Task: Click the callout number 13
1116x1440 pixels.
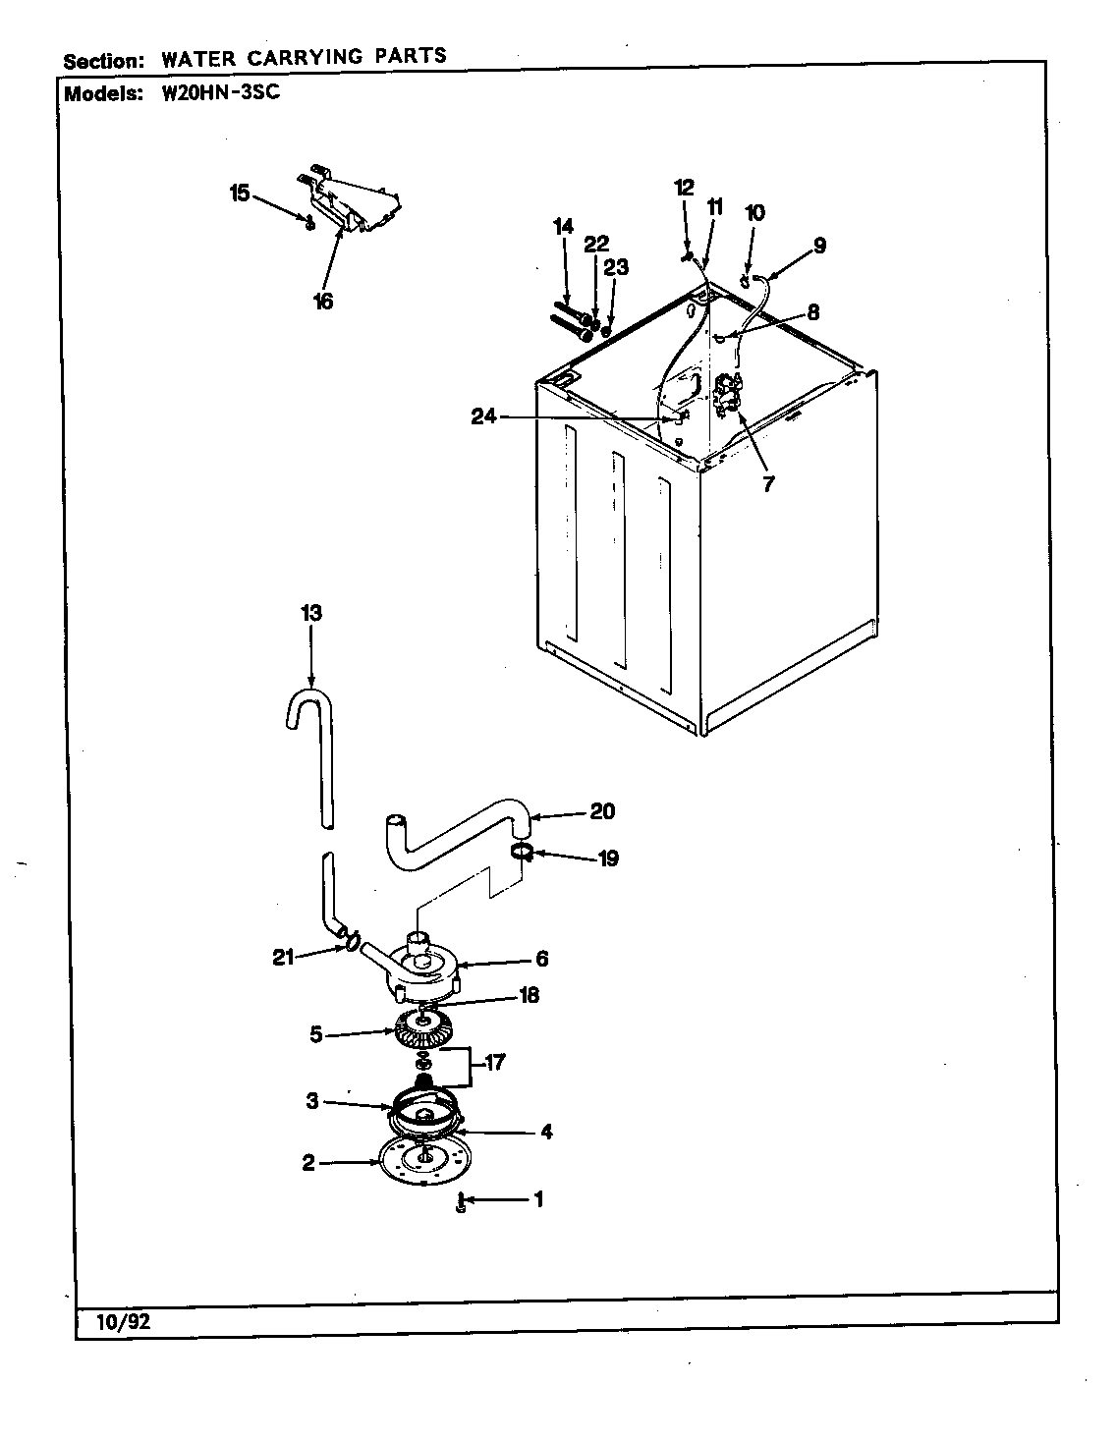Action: tap(310, 613)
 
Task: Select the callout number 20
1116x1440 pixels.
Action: tap(601, 811)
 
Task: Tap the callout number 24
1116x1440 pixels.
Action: tap(483, 417)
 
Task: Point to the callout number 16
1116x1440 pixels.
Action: tap(322, 302)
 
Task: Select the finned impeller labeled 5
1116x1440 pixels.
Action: tap(420, 1031)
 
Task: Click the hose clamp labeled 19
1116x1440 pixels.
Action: tap(523, 851)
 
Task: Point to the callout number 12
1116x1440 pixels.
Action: tap(684, 187)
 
